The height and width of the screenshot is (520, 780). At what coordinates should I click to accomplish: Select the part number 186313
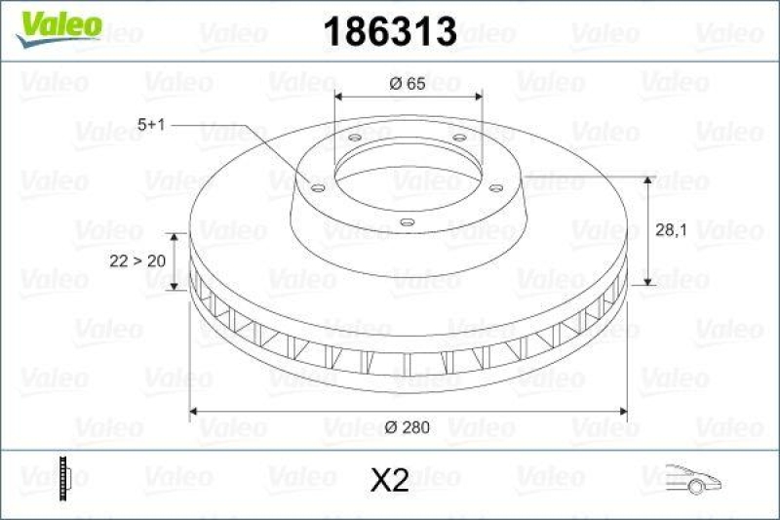[389, 31]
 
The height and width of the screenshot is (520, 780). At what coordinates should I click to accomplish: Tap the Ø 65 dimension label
[408, 85]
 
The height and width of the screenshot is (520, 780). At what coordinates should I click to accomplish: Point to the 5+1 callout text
[154, 125]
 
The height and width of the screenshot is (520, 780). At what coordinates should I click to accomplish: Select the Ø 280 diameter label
[409, 426]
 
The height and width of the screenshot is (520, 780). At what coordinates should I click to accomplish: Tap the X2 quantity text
[389, 479]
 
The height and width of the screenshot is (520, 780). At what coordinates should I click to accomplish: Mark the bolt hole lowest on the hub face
[408, 223]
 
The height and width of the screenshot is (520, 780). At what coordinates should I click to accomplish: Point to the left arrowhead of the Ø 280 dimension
[194, 411]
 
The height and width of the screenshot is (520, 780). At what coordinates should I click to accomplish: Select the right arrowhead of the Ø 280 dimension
[621, 411]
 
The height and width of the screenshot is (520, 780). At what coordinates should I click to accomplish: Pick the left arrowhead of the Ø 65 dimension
[339, 97]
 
